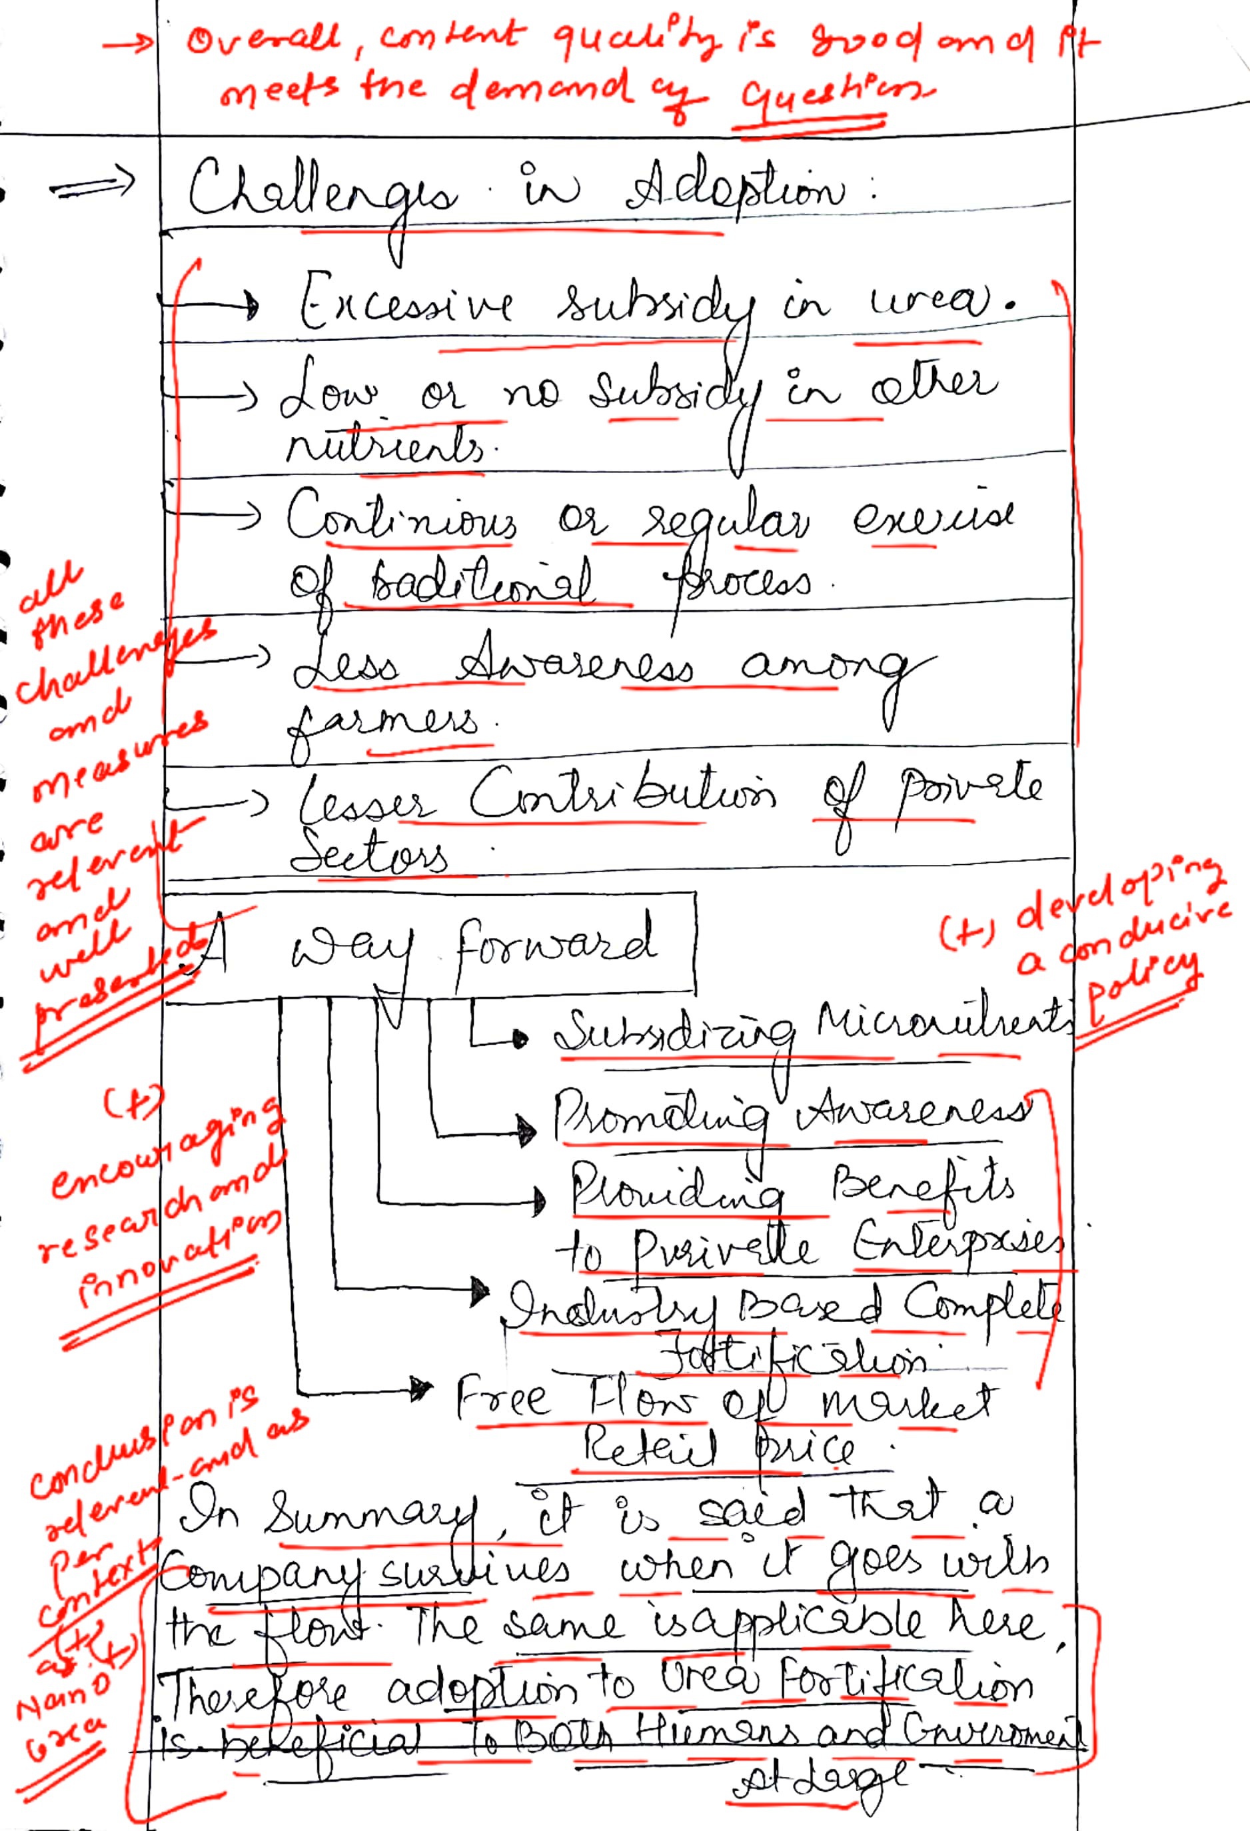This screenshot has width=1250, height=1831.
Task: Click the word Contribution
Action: click(x=622, y=796)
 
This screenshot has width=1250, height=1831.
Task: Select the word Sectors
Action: click(x=368, y=856)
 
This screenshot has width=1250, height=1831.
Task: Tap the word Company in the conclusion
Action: click(x=265, y=1576)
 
